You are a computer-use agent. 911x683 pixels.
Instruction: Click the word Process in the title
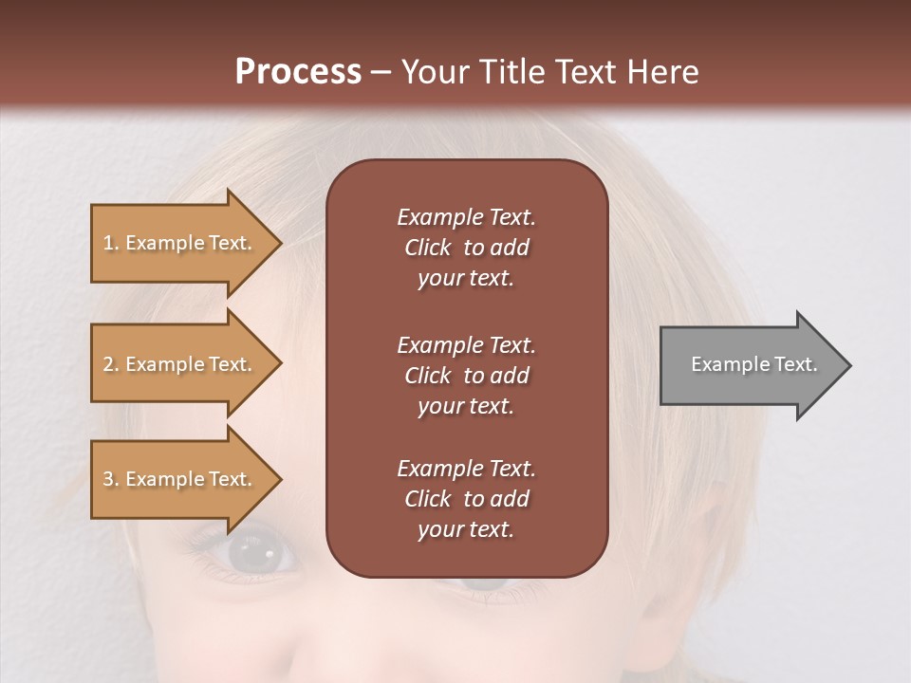pyautogui.click(x=298, y=72)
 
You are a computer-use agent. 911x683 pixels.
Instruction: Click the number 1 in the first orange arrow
pyautogui.click(x=108, y=243)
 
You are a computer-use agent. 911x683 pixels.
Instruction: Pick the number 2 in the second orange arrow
pyautogui.click(x=108, y=364)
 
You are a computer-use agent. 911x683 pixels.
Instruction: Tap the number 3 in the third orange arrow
pyautogui.click(x=108, y=479)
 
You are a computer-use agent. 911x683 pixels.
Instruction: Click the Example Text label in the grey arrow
pyautogui.click(x=753, y=364)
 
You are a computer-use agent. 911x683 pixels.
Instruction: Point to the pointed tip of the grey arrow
pyautogui.click(x=849, y=365)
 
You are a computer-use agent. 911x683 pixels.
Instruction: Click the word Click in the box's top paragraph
pyautogui.click(x=428, y=248)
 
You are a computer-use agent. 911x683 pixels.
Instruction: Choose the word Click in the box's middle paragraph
pyautogui.click(x=428, y=376)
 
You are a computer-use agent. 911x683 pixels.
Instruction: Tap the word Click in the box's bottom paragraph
pyautogui.click(x=428, y=499)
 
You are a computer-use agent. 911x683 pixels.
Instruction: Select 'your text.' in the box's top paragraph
pyautogui.click(x=465, y=279)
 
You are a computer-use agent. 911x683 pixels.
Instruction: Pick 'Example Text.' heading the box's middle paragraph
pyautogui.click(x=466, y=345)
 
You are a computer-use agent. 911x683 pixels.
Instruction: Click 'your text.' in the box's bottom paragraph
pyautogui.click(x=465, y=530)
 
